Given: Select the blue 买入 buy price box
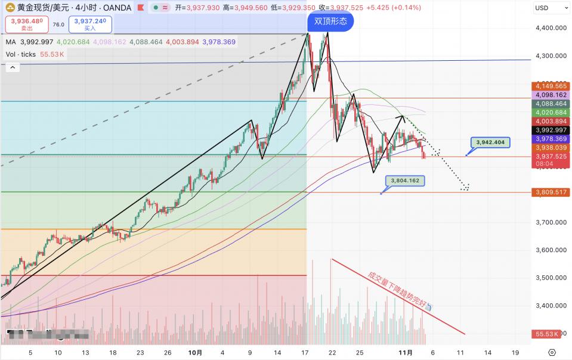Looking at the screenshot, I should pyautogui.click(x=90, y=24).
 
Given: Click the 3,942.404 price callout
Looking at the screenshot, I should pyautogui.click(x=491, y=142).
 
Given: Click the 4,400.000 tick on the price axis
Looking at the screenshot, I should pyautogui.click(x=552, y=28).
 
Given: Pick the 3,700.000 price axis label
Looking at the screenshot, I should pyautogui.click(x=552, y=222).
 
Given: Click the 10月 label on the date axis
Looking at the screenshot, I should pyautogui.click(x=195, y=352).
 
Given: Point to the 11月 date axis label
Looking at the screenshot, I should pyautogui.click(x=405, y=352).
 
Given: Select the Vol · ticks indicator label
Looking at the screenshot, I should pyautogui.click(x=21, y=54).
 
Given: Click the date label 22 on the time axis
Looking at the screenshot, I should pyautogui.click(x=332, y=352).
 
